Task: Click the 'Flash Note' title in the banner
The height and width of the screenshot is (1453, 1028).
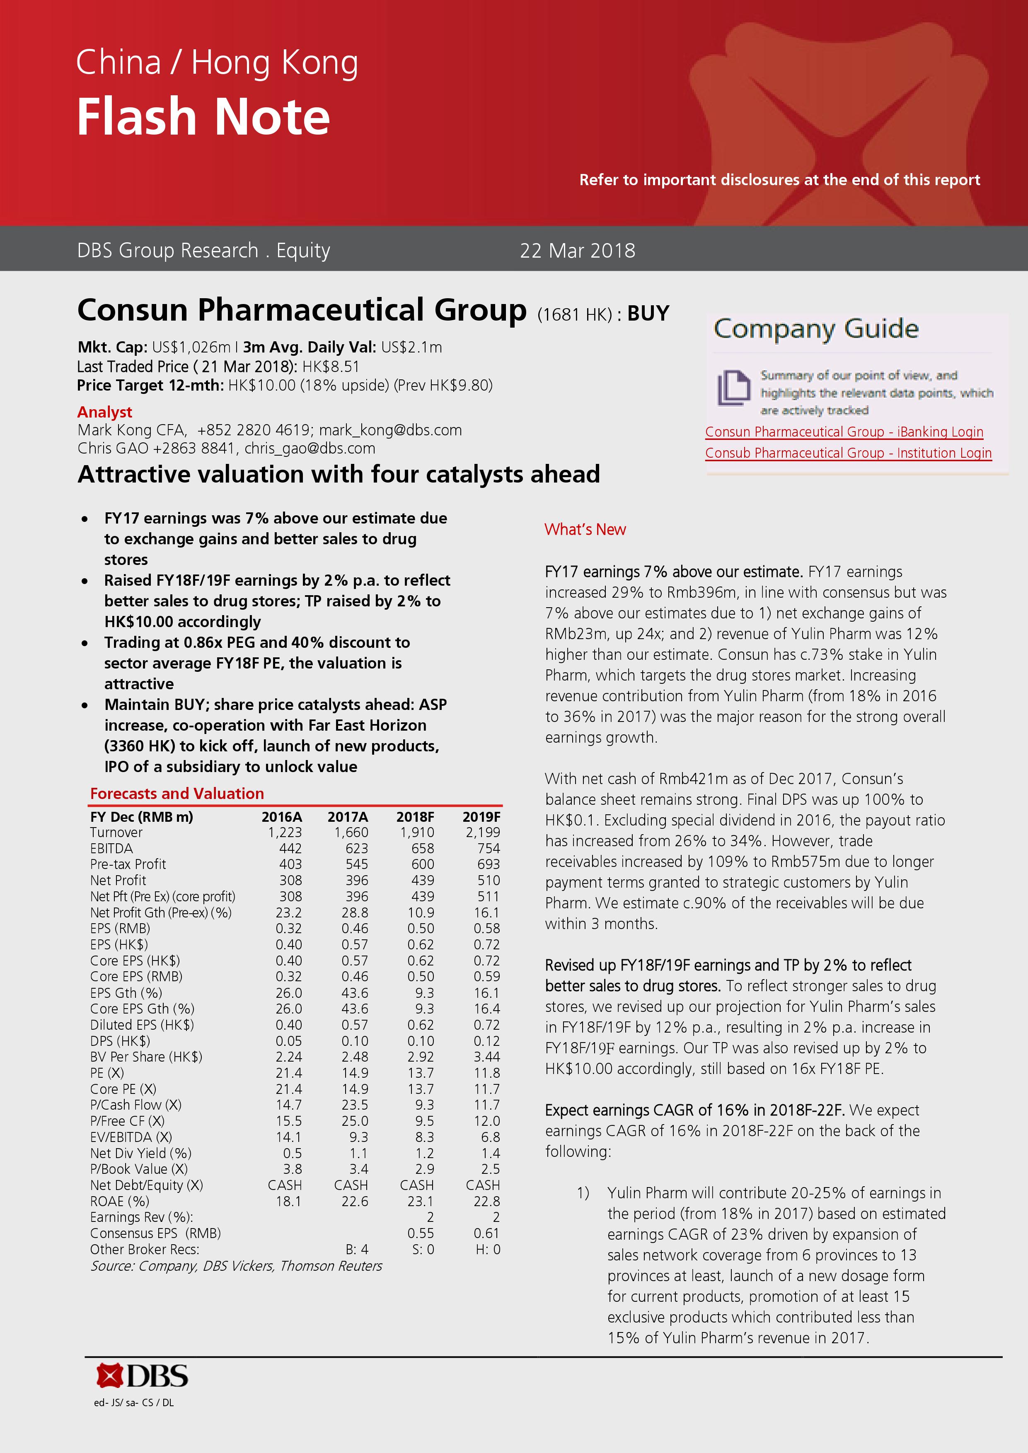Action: [x=203, y=117]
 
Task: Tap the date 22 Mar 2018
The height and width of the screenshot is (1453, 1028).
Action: [x=577, y=251]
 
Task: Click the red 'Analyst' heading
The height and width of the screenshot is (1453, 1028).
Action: [x=104, y=412]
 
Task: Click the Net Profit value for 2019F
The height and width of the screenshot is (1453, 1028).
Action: [x=488, y=880]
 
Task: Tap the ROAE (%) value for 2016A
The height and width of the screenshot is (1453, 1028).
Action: [x=289, y=1201]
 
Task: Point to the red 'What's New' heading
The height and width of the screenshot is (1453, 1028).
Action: [x=585, y=530]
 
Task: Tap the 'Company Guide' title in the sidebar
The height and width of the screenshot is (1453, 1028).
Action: [x=816, y=329]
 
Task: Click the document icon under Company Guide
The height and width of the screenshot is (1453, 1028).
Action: [x=733, y=387]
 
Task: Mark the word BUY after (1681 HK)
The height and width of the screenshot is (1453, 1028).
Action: [x=648, y=314]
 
